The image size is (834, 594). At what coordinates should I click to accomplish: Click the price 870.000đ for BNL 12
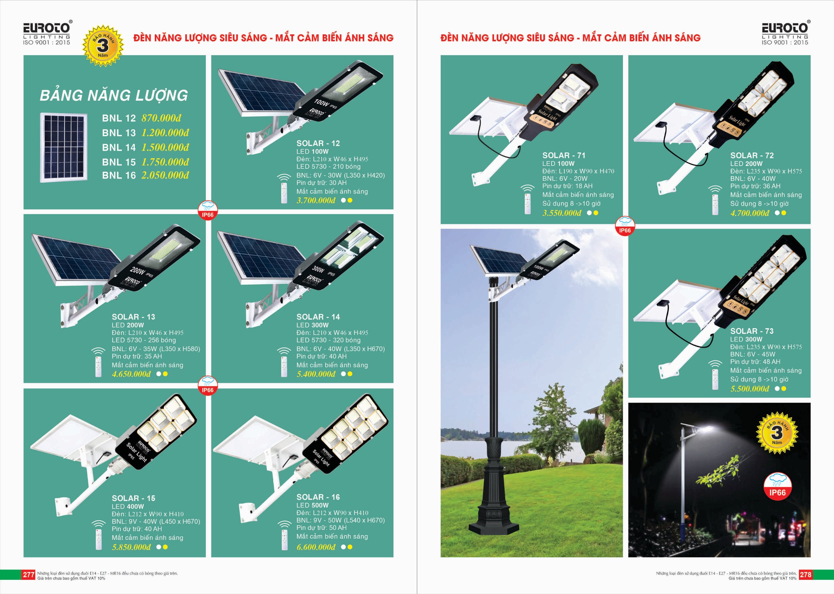pyautogui.click(x=161, y=118)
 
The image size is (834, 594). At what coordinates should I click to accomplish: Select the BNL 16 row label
pyautogui.click(x=119, y=176)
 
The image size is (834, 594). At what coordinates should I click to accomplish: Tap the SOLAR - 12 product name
pyautogui.click(x=318, y=143)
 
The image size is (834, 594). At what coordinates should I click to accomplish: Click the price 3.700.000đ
pyautogui.click(x=316, y=201)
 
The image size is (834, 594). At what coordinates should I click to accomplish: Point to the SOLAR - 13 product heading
pyautogui.click(x=134, y=317)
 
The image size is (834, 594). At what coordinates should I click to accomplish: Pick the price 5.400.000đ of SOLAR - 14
pyautogui.click(x=316, y=374)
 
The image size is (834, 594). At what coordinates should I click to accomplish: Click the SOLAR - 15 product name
pyautogui.click(x=134, y=499)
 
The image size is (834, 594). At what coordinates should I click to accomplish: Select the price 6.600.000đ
pyautogui.click(x=316, y=547)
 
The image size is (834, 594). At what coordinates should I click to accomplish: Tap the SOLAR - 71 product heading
pyautogui.click(x=564, y=155)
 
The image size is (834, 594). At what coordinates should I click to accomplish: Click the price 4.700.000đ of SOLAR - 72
pyautogui.click(x=750, y=213)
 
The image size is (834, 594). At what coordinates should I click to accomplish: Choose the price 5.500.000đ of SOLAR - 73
pyautogui.click(x=750, y=389)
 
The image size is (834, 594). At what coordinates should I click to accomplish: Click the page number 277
pyautogui.click(x=28, y=575)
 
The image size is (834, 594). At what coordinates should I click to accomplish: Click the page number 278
pyautogui.click(x=806, y=575)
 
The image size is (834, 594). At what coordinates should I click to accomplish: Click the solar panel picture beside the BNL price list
pyautogui.click(x=64, y=147)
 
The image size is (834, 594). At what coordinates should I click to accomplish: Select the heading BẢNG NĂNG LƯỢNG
pyautogui.click(x=114, y=95)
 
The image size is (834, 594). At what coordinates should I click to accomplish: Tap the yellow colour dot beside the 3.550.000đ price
pyautogui.click(x=596, y=213)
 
